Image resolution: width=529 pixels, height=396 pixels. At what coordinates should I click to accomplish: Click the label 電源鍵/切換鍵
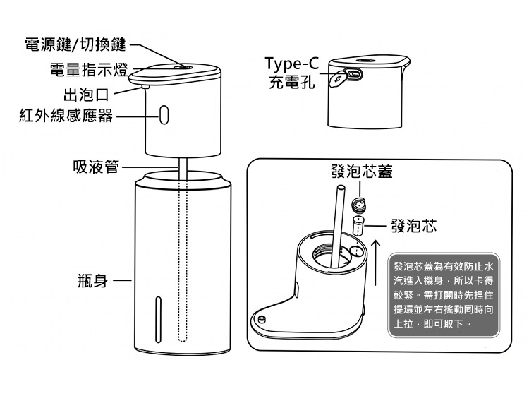(x=75, y=45)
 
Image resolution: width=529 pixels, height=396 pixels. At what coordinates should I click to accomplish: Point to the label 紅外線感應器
(x=66, y=116)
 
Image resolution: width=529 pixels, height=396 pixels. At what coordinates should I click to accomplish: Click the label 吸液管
(x=96, y=167)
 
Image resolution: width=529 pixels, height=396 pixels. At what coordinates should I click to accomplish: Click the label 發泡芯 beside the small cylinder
(x=413, y=225)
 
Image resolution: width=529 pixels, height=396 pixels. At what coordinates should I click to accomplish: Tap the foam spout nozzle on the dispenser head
(x=144, y=88)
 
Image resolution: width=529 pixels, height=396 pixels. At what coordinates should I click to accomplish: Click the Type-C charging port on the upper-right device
(x=354, y=74)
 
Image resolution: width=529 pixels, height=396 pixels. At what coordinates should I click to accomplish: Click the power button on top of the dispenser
(x=185, y=67)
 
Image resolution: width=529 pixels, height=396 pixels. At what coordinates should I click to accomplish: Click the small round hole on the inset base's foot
(x=262, y=319)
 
